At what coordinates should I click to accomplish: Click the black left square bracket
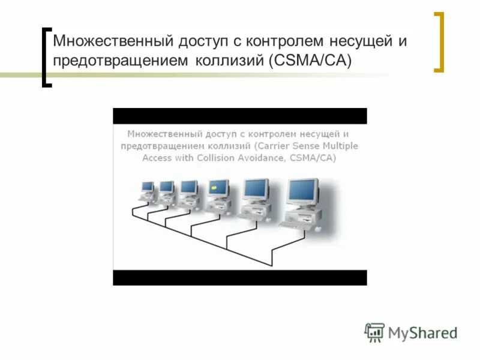46,57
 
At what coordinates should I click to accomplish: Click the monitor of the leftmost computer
147,187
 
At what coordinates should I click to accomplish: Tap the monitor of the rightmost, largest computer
302,191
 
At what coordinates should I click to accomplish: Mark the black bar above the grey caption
239,116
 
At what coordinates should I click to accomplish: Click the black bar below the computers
239,277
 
